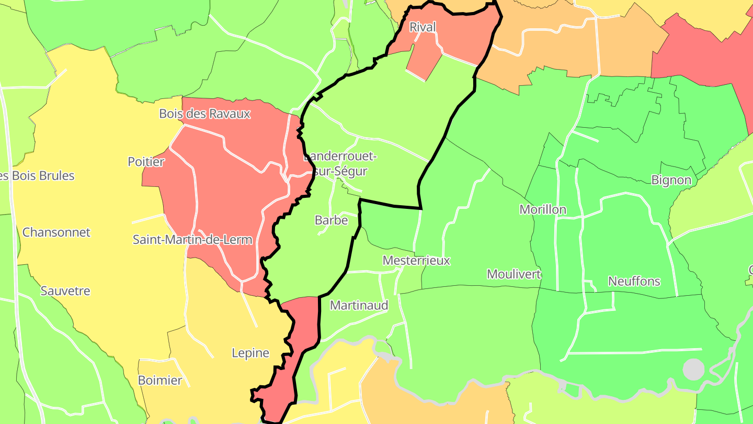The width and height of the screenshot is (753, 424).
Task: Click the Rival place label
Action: [x=423, y=27]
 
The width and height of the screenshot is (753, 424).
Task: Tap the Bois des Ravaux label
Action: [x=205, y=114]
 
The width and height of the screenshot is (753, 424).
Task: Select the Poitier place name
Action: [x=146, y=162]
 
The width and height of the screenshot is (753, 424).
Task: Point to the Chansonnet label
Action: [x=56, y=232]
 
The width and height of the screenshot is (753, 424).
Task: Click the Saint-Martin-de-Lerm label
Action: [x=192, y=240]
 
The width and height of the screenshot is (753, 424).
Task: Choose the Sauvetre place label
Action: [x=65, y=291]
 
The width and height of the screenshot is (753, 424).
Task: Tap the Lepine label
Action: [x=250, y=353]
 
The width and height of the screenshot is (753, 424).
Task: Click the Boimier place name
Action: [x=160, y=380]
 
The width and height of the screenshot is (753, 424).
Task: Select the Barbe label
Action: [x=332, y=220]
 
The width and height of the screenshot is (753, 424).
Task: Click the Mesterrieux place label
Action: [x=416, y=260]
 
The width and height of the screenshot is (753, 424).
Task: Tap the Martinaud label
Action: [x=359, y=305]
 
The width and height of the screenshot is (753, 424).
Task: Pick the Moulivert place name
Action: [x=514, y=274]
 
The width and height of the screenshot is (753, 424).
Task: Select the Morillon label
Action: [x=543, y=209]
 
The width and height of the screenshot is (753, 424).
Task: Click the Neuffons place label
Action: [x=634, y=281]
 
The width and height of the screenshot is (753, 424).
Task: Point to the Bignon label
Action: [x=671, y=180]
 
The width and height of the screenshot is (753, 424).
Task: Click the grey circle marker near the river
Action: [x=693, y=370]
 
